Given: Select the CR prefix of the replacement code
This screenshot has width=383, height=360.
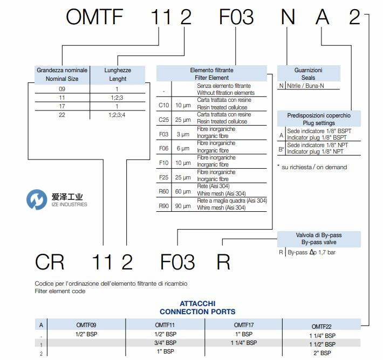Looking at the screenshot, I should [50, 262].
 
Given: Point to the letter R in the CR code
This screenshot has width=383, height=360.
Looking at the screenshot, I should [223, 262].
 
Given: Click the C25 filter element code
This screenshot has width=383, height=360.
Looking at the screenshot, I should [163, 118].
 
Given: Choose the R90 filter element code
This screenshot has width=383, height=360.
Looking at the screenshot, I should [163, 204].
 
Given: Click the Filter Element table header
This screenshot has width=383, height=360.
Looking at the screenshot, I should [212, 74].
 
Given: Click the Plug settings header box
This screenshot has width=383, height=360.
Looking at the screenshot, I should [319, 119].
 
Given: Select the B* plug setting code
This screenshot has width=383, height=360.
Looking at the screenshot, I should [281, 149].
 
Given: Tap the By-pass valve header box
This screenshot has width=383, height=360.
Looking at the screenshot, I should [319, 239].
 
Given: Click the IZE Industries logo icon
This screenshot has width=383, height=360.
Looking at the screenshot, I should [37, 200].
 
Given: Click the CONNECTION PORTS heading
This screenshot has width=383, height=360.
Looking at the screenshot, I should [197, 311].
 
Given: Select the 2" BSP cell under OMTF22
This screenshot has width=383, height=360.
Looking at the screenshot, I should [322, 353].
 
